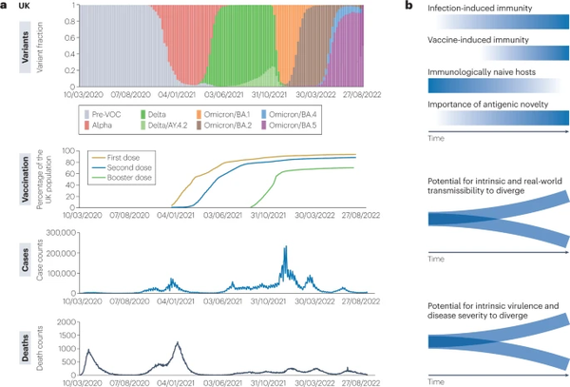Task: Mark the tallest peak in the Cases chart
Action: [286, 248]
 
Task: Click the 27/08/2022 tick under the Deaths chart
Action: [360, 382]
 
